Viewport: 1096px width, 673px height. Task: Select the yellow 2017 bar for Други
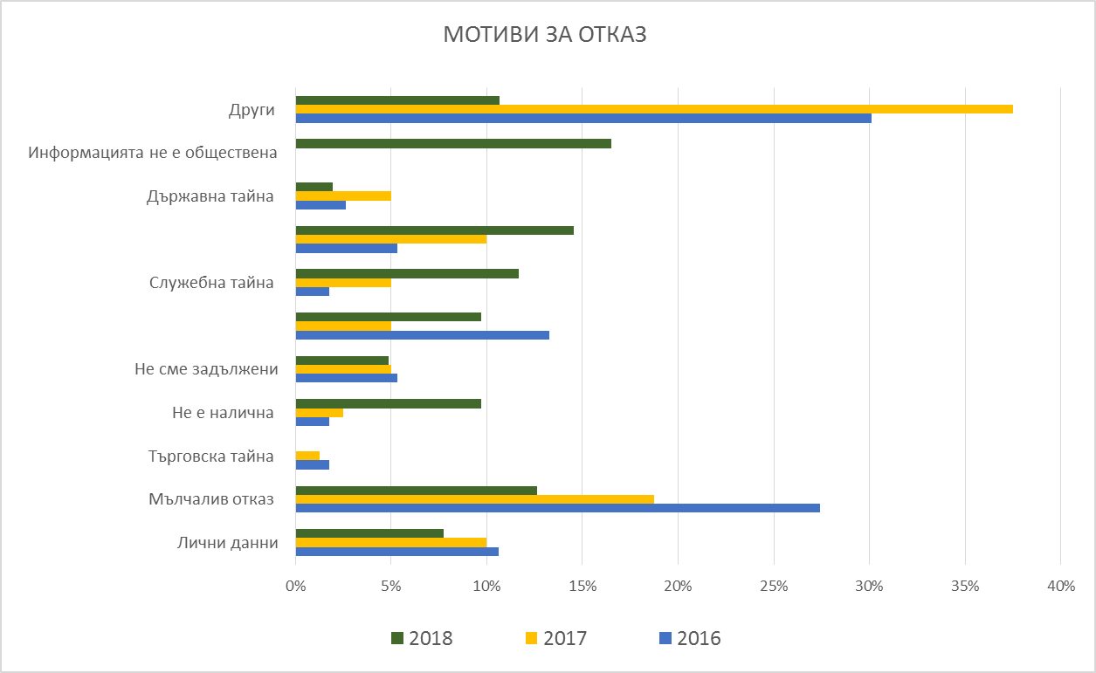(x=654, y=109)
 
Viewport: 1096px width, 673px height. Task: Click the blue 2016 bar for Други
(x=583, y=118)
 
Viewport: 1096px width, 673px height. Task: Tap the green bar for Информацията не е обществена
(x=453, y=143)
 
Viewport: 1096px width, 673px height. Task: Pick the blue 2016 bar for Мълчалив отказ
(x=557, y=508)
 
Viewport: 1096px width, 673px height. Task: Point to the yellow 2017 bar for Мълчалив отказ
(x=474, y=499)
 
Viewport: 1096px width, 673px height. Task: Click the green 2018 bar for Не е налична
(x=388, y=403)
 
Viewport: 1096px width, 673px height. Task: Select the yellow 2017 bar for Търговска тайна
(x=307, y=456)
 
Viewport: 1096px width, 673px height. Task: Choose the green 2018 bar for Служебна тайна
(x=407, y=273)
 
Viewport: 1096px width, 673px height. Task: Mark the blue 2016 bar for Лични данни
(x=396, y=552)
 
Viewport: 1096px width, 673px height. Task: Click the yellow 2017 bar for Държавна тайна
(x=343, y=196)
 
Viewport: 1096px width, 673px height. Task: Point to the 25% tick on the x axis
(x=774, y=587)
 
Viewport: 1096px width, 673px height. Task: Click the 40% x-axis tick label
(x=1060, y=587)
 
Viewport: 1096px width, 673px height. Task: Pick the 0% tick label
(x=296, y=587)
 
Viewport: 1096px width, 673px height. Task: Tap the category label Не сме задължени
(x=206, y=369)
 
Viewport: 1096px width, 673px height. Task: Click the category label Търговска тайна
(x=211, y=456)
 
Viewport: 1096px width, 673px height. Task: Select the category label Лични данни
(x=226, y=543)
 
